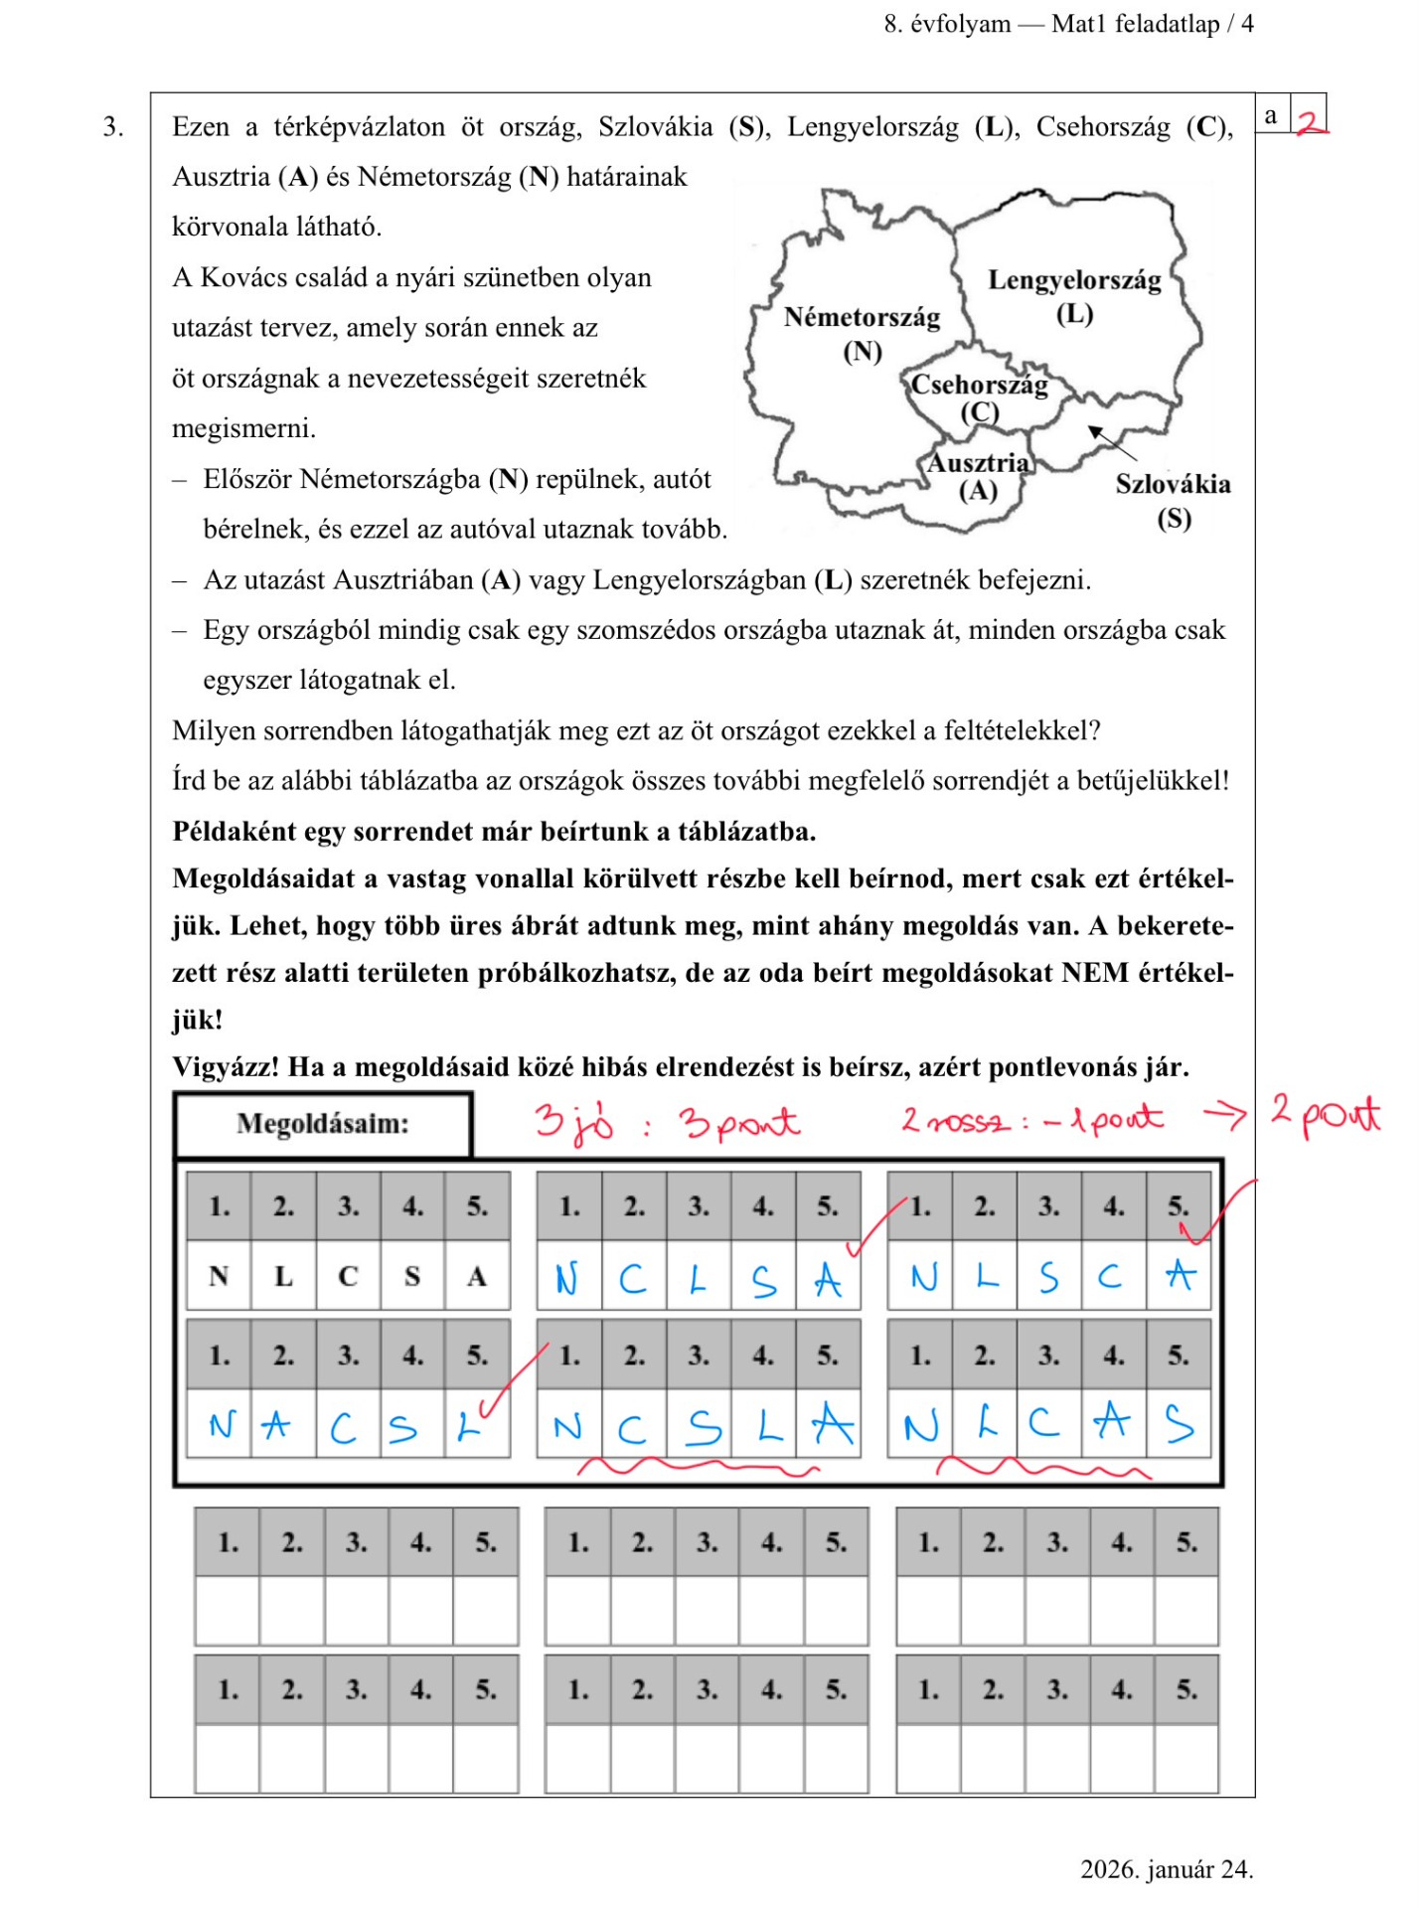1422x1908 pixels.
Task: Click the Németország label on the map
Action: pyautogui.click(x=862, y=318)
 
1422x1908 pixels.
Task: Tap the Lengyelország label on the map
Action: pyautogui.click(x=1074, y=281)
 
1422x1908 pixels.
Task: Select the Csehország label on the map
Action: pyautogui.click(x=979, y=386)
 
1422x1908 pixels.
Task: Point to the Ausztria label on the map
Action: pyautogui.click(x=978, y=464)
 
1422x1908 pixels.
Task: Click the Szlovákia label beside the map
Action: pyautogui.click(x=1173, y=485)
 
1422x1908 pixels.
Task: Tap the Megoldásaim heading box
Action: pyautogui.click(x=323, y=1124)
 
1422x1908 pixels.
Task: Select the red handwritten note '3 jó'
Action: pyautogui.click(x=573, y=1122)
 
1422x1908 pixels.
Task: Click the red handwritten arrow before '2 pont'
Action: pyautogui.click(x=1225, y=1116)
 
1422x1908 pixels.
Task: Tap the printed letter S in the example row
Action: pyautogui.click(x=412, y=1276)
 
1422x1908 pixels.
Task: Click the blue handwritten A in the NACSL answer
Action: pyautogui.click(x=275, y=1426)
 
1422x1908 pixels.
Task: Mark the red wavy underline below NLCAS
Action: pyautogui.click(x=1043, y=1467)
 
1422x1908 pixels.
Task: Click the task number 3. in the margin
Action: pyautogui.click(x=113, y=127)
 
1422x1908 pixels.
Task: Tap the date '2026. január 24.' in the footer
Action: pyautogui.click(x=1166, y=1869)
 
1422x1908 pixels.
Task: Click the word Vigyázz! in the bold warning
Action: pyautogui.click(x=226, y=1067)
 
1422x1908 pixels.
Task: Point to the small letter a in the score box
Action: pyautogui.click(x=1271, y=115)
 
